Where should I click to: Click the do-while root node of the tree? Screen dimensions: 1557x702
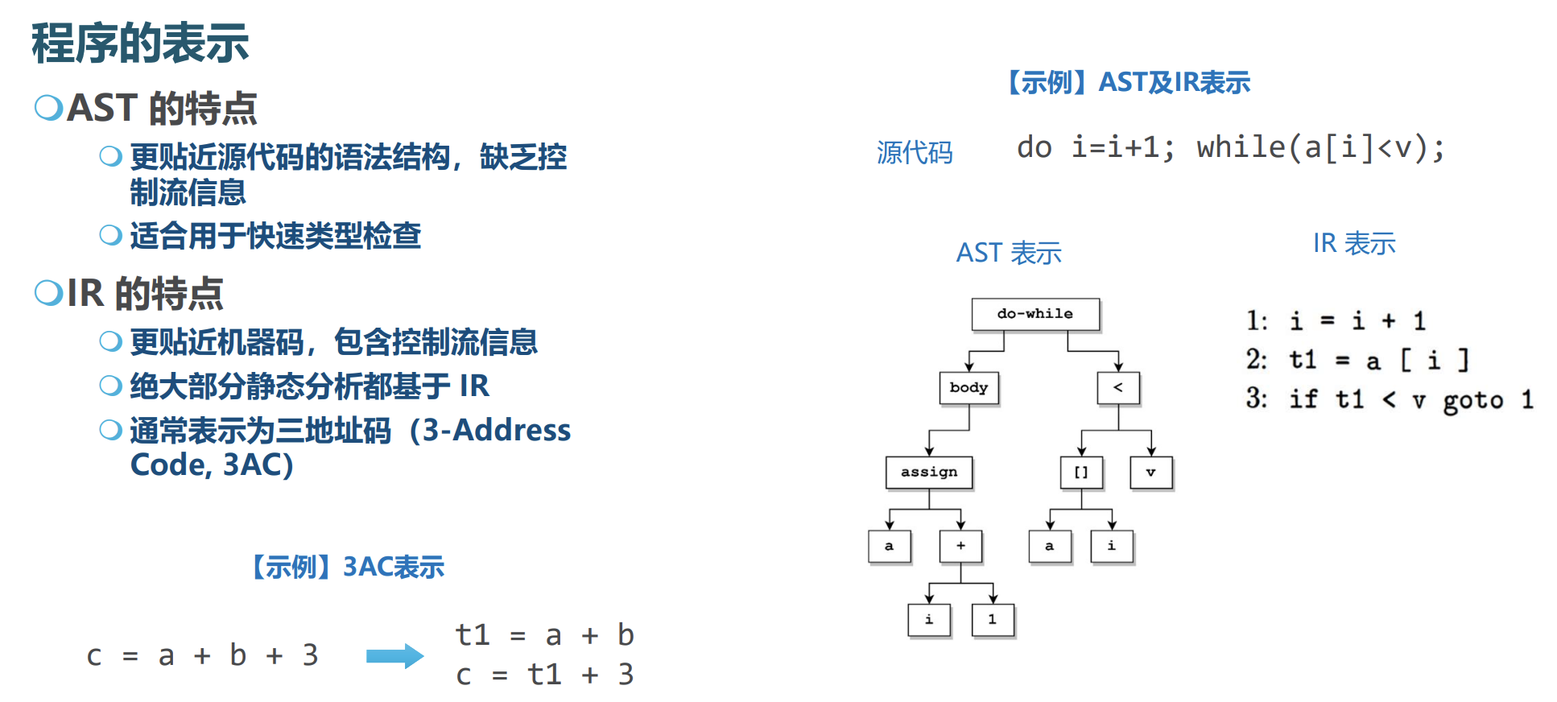click(1035, 314)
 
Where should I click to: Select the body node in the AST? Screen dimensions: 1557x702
click(968, 388)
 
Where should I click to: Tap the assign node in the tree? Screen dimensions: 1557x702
click(929, 473)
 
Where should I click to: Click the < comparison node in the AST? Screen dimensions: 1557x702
click(1117, 388)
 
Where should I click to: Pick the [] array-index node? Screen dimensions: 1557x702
click(1081, 473)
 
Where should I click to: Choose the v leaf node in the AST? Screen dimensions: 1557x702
click(1150, 473)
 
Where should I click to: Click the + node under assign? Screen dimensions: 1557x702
click(960, 546)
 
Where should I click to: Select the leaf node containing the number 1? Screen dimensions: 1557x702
click(992, 620)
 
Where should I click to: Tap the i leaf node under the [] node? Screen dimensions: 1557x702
click(1111, 546)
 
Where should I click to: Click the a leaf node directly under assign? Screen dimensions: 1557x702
click(889, 546)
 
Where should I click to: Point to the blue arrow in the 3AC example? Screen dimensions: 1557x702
click(394, 656)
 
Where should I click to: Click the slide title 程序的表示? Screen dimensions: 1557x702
click(140, 43)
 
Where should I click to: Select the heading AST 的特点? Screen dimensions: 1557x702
click(161, 109)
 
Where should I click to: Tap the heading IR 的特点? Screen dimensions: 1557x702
click(145, 293)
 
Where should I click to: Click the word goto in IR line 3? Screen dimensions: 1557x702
click(1472, 400)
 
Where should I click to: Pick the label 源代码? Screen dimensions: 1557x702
click(915, 152)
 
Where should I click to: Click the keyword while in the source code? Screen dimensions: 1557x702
click(1241, 147)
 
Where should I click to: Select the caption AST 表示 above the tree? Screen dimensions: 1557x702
click(1009, 254)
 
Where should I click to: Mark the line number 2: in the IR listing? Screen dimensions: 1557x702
click(1256, 359)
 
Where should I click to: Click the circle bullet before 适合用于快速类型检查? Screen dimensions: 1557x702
click(110, 235)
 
